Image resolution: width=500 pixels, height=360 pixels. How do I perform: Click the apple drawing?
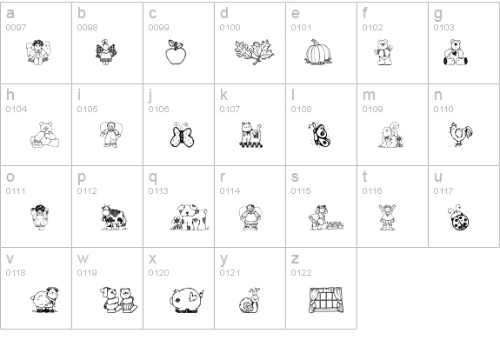tap(176, 53)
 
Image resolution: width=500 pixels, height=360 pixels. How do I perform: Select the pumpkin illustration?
tap(318, 53)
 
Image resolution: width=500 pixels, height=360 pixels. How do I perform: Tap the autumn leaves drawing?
tap(254, 52)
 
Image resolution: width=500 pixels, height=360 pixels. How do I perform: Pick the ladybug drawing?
tap(458, 217)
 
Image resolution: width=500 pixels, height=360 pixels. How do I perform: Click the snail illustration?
tap(249, 301)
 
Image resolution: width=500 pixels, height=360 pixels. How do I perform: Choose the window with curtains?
tap(326, 300)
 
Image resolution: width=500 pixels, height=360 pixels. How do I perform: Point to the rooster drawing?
tap(461, 134)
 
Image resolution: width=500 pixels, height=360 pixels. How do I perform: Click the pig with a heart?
tap(187, 300)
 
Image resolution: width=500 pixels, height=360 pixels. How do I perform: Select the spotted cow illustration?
tap(114, 217)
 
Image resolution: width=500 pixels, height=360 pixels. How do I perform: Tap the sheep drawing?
tap(45, 300)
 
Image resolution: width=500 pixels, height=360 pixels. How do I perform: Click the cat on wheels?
tap(251, 135)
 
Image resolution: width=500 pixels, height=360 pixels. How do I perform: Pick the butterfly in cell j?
tap(181, 135)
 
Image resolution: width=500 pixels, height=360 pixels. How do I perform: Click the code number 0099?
tap(158, 28)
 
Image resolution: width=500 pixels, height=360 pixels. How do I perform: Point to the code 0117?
tap(443, 191)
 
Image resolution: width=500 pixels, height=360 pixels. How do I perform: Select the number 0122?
tap(301, 273)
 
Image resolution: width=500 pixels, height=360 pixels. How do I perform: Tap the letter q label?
tap(153, 177)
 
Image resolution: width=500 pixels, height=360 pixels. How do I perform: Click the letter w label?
tap(83, 258)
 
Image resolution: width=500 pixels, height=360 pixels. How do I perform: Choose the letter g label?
tap(437, 14)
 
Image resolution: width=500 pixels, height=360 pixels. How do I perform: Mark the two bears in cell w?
tap(118, 300)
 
